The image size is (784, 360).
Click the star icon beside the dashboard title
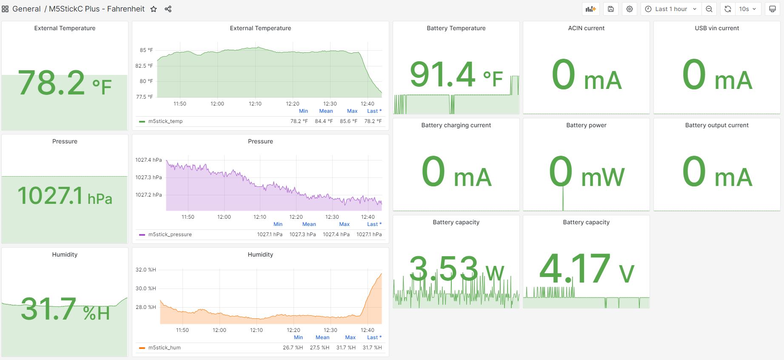pos(154,9)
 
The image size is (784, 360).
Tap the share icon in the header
pos(168,9)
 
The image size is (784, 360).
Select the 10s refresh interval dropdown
pos(747,9)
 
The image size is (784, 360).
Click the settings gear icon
pos(630,9)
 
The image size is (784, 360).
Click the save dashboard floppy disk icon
pos(611,9)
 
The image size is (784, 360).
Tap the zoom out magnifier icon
pos(709,9)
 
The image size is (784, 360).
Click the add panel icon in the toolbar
pos(590,9)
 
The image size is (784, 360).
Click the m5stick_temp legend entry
pos(165,121)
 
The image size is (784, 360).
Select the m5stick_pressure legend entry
pos(170,234)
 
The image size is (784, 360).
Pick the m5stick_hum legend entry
pos(164,348)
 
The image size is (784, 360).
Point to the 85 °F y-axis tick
pos(146,50)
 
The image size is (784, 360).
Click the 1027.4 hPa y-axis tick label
pos(148,160)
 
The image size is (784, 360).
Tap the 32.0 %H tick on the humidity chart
pos(145,270)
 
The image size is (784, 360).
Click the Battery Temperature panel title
pos(456,28)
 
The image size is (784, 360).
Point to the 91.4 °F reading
pos(456,75)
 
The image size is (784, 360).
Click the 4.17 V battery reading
pos(586,269)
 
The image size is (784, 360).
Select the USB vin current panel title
pos(717,28)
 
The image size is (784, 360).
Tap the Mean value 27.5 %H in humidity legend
pos(319,348)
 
